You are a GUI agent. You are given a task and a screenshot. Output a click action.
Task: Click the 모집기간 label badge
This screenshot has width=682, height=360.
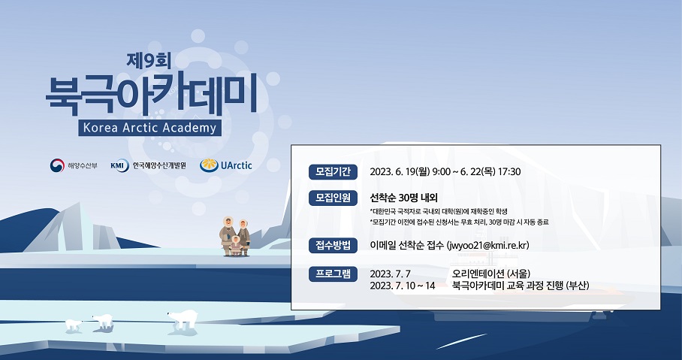333,172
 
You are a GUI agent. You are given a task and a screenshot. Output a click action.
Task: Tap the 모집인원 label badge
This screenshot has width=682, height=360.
333,198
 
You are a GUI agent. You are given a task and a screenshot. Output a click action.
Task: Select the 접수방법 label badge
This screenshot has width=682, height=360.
333,246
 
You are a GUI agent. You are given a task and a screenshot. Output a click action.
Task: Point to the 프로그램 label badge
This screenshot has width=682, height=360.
333,274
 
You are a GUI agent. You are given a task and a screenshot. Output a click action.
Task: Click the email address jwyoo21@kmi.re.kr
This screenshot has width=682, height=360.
489,246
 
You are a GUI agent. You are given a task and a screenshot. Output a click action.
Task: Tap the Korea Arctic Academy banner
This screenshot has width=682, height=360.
150,128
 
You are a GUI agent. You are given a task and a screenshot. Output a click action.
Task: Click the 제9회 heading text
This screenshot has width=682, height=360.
149,61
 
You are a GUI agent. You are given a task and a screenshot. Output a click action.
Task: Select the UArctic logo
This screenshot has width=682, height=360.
226,165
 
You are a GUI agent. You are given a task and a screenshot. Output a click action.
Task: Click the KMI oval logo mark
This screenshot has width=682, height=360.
119,165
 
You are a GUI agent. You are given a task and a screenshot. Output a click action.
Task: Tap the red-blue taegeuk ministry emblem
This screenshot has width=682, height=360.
57,165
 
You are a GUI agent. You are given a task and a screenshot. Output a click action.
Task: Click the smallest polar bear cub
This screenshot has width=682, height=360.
73,325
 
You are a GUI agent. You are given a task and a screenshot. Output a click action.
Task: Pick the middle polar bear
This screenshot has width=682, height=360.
103,321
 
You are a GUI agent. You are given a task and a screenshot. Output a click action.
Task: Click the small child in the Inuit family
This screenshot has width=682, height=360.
235,246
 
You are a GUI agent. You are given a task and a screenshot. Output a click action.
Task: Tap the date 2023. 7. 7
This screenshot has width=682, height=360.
390,274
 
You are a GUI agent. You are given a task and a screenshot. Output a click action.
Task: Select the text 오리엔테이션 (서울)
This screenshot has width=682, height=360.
491,274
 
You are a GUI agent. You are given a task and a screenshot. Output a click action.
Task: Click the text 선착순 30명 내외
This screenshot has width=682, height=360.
403,198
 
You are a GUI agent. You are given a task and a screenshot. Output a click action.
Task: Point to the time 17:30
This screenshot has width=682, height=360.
509,172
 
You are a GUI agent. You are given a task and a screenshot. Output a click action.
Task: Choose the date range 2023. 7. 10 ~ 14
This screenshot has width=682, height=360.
403,286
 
